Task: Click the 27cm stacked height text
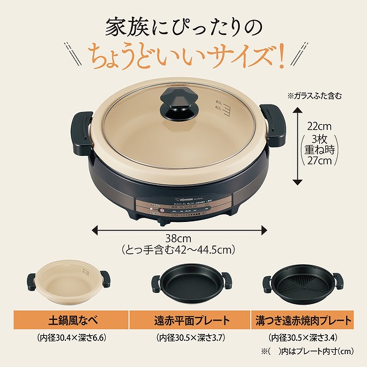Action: click(x=320, y=161)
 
